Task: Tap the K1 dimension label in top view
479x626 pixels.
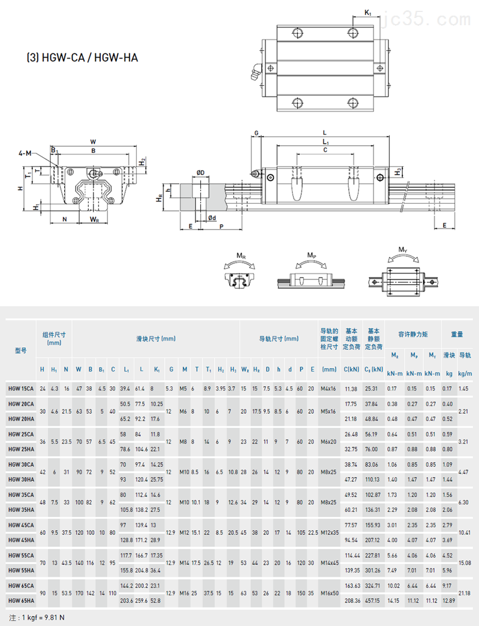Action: click(367, 12)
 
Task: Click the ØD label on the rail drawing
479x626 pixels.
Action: click(200, 173)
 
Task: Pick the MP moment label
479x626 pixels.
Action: click(311, 255)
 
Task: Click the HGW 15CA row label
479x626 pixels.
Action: click(21, 389)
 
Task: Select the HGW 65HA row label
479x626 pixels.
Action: click(21, 600)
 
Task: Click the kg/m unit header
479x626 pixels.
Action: click(465, 373)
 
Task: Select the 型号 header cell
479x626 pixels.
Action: click(21, 350)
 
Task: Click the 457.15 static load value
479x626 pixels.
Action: click(373, 600)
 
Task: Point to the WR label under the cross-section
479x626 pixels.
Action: click(94, 219)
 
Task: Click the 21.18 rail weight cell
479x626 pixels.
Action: click(465, 592)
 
